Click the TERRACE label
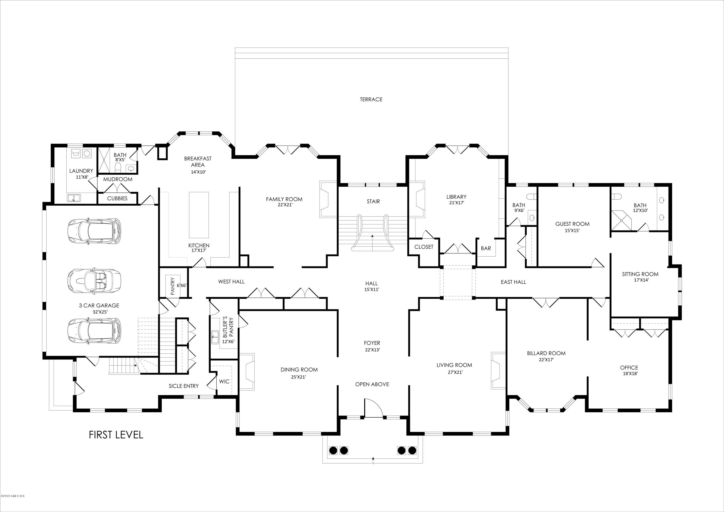(x=371, y=99)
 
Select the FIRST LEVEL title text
(x=116, y=435)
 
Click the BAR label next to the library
(x=486, y=248)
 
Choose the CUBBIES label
(x=117, y=198)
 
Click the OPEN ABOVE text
(x=372, y=384)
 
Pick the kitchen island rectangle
(x=199, y=215)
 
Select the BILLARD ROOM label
(x=546, y=353)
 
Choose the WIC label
(x=224, y=381)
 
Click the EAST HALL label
(x=513, y=282)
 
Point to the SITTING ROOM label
(x=640, y=274)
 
